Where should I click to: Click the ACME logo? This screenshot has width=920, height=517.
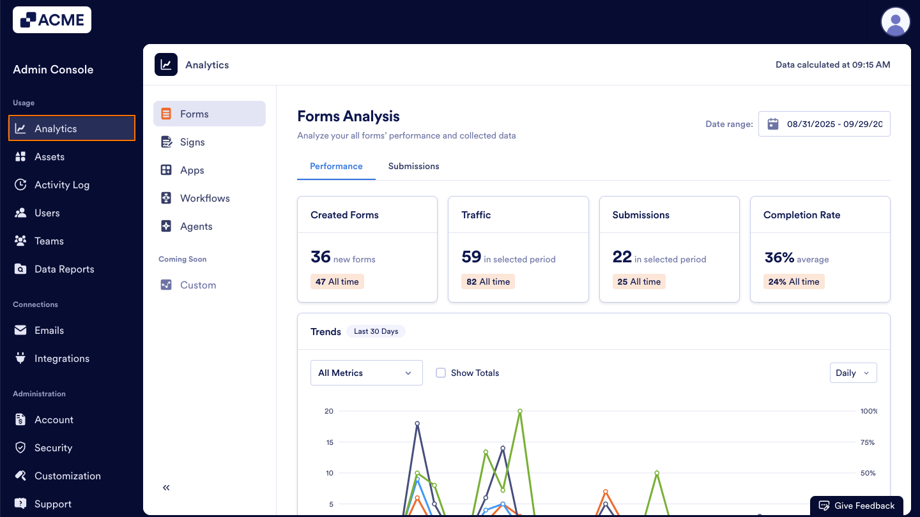[52, 20]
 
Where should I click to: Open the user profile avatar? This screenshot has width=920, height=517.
[895, 22]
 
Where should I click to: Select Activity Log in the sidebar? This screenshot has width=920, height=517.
[62, 185]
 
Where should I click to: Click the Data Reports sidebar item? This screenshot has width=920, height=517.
[64, 269]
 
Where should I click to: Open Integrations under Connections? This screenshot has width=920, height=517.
[61, 359]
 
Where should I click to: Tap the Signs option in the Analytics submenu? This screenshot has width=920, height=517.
[192, 142]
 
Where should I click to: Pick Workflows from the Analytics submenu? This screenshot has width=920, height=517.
[204, 199]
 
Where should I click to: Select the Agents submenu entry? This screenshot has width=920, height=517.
[196, 227]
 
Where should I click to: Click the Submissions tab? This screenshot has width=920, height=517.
[413, 167]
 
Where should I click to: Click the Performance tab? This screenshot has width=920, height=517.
[336, 167]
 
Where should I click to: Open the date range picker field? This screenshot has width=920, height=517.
[824, 124]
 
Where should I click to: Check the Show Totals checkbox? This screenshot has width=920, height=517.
[441, 373]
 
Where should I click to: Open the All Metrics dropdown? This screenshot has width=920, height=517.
[366, 373]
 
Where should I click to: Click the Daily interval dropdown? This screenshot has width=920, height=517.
[853, 373]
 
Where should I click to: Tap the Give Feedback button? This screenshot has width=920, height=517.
[857, 506]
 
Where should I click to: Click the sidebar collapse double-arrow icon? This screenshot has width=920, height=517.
[166, 488]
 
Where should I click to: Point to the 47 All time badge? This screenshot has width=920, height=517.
[337, 282]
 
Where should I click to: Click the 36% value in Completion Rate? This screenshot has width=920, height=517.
[779, 257]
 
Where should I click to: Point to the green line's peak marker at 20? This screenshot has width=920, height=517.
[520, 411]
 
